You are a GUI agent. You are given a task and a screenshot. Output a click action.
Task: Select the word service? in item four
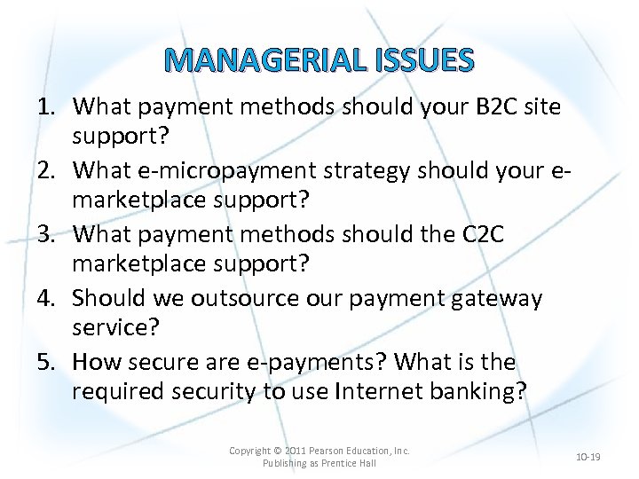tap(115, 328)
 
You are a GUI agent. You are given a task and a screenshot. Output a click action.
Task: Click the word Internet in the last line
tap(385, 392)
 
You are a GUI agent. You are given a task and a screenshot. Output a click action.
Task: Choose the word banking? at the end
tap(481, 392)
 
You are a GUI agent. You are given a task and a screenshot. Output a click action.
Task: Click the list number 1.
tap(45, 106)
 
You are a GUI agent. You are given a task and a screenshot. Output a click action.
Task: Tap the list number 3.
tap(45, 233)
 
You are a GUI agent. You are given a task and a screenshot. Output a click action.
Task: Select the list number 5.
tap(45, 362)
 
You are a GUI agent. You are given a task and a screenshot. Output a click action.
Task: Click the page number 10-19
tap(588, 457)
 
